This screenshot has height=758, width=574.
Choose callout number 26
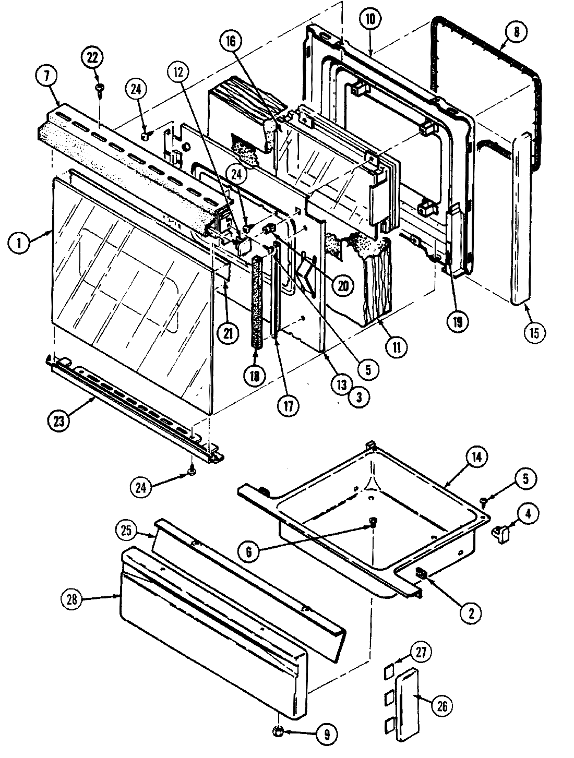441,707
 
